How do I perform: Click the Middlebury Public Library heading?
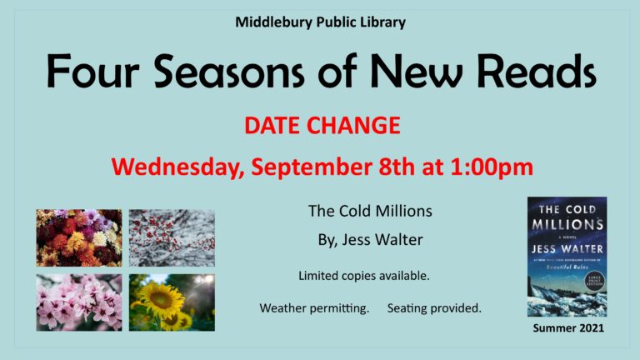coord(320,22)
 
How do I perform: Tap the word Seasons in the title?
coord(228,71)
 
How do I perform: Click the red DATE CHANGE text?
coord(322,125)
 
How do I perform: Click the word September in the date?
coord(312,167)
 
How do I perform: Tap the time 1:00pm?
coord(492,167)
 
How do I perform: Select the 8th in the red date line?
coord(397,167)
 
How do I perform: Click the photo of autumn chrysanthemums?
coord(79,238)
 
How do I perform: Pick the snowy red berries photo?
coord(172,238)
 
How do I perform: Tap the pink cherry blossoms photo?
coord(79,302)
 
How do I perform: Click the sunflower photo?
coord(172,302)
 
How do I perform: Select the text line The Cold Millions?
coord(370,211)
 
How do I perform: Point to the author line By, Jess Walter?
coord(370,240)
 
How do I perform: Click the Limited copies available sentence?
coord(363,276)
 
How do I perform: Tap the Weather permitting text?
coord(314,308)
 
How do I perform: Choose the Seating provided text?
coord(434,308)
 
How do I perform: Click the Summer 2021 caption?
coord(568,328)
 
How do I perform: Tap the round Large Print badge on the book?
coord(594,281)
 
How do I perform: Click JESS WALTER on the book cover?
coord(567,248)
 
